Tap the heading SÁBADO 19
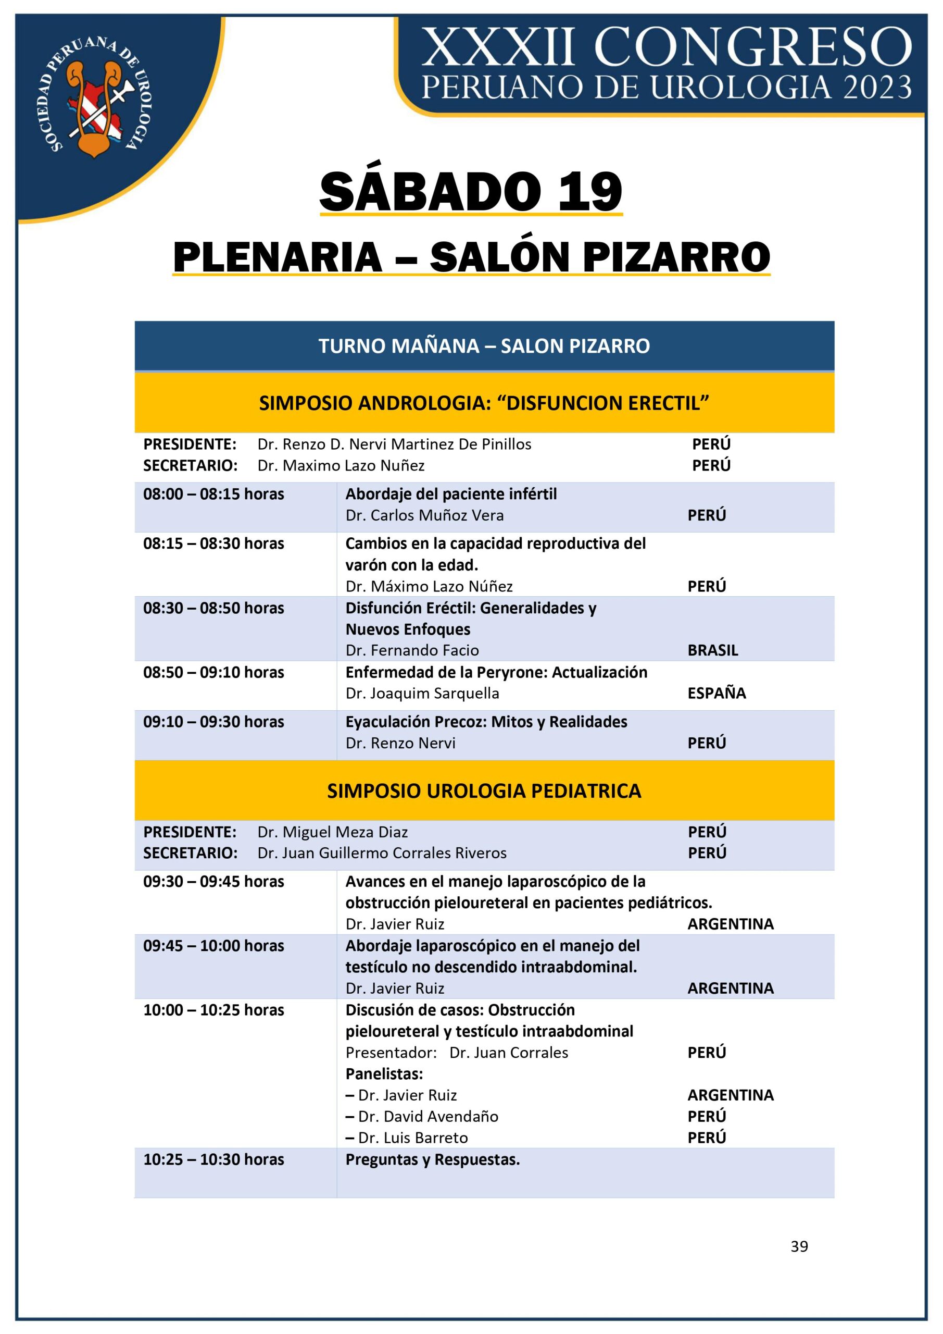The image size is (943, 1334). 470,192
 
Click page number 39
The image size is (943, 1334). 799,1246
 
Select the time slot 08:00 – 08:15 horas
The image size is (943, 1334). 213,495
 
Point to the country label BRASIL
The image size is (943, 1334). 712,650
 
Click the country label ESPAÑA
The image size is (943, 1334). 716,693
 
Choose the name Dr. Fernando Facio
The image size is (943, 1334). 412,650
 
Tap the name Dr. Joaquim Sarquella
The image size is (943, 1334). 422,693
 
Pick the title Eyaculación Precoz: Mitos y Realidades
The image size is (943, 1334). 486,722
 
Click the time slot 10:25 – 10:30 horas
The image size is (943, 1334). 213,1160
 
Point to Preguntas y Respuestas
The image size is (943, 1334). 432,1160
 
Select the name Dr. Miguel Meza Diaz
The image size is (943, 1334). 332,832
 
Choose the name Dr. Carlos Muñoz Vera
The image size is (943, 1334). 424,515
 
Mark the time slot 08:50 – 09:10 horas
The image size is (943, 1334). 213,672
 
